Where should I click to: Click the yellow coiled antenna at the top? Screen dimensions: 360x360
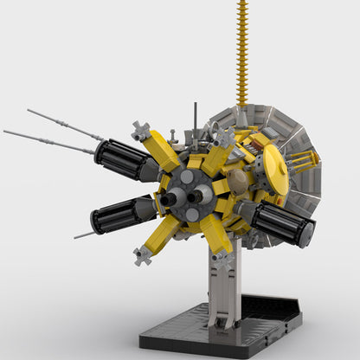click(x=241, y=52)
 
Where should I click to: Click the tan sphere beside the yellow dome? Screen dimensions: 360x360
click(x=235, y=179)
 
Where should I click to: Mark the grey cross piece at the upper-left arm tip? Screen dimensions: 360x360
click(x=141, y=131)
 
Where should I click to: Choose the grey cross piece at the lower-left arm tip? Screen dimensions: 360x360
click(x=142, y=255)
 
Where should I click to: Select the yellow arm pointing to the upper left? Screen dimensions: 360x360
click(x=162, y=153)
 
